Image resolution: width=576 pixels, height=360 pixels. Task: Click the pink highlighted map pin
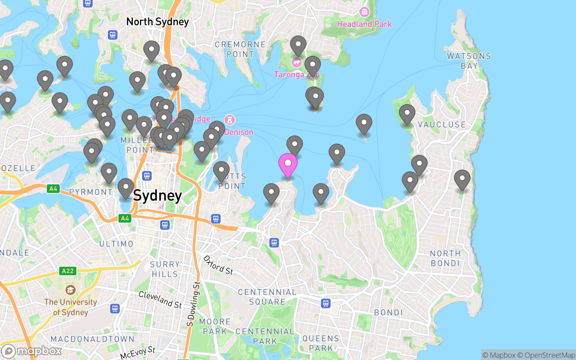[288, 164]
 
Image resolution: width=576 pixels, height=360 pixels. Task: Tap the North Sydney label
[157, 22]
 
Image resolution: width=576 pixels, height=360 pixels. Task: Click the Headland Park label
[364, 24]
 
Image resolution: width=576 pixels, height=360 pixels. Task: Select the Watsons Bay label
[469, 61]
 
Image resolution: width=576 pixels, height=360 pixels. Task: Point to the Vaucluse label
[442, 125]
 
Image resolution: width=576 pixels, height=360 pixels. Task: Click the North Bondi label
[445, 258]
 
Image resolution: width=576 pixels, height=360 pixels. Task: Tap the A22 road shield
[68, 271]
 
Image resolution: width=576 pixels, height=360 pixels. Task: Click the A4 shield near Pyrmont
[53, 189]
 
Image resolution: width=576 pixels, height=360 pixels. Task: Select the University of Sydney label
[71, 307]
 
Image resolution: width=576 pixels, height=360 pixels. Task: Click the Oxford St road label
[218, 266]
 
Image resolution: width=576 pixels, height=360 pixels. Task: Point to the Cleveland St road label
[160, 300]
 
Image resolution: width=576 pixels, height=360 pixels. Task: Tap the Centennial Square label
[267, 297]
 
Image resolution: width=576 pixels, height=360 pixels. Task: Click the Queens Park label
[320, 343]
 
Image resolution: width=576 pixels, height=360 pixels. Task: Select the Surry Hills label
[165, 269]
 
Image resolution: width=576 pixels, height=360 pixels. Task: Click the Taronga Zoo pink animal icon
[296, 63]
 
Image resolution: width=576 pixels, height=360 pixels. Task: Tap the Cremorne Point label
[240, 49]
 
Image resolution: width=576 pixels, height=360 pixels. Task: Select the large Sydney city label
[157, 196]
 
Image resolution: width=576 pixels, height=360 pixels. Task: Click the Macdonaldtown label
[93, 339]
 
